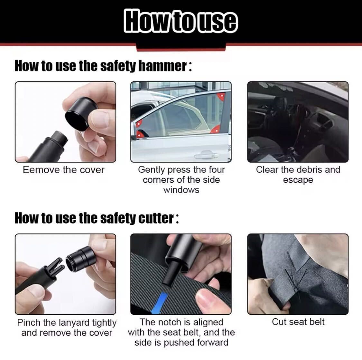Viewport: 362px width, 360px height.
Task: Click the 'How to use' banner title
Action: coord(181,21)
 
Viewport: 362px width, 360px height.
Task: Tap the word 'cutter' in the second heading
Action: coord(156,218)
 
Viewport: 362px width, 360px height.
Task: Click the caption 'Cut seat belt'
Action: coord(298,322)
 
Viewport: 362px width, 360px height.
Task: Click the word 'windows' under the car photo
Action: coord(181,190)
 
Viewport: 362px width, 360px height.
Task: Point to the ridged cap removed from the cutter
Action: coord(81,259)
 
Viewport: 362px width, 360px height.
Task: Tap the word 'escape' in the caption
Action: coord(298,180)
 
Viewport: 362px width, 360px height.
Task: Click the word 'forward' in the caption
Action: coord(212,342)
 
